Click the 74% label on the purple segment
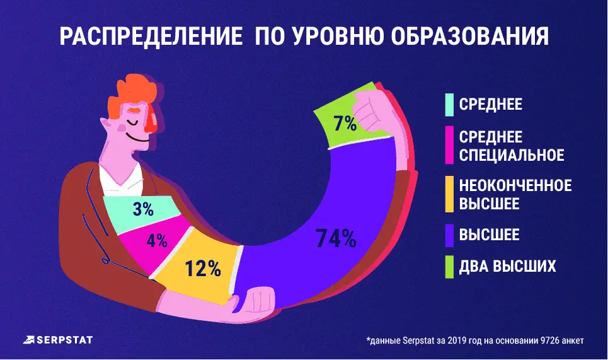(336, 239)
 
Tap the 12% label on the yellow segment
(203, 269)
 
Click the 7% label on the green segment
(345, 123)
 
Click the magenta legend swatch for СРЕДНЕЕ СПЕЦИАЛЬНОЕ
(449, 146)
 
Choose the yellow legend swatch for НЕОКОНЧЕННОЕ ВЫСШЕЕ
(449, 194)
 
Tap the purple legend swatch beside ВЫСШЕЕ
(449, 235)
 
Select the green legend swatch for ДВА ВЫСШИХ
(449, 266)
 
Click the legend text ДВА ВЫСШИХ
(508, 266)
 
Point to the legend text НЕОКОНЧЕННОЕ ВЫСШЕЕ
(515, 194)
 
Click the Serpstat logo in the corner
(57, 340)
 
